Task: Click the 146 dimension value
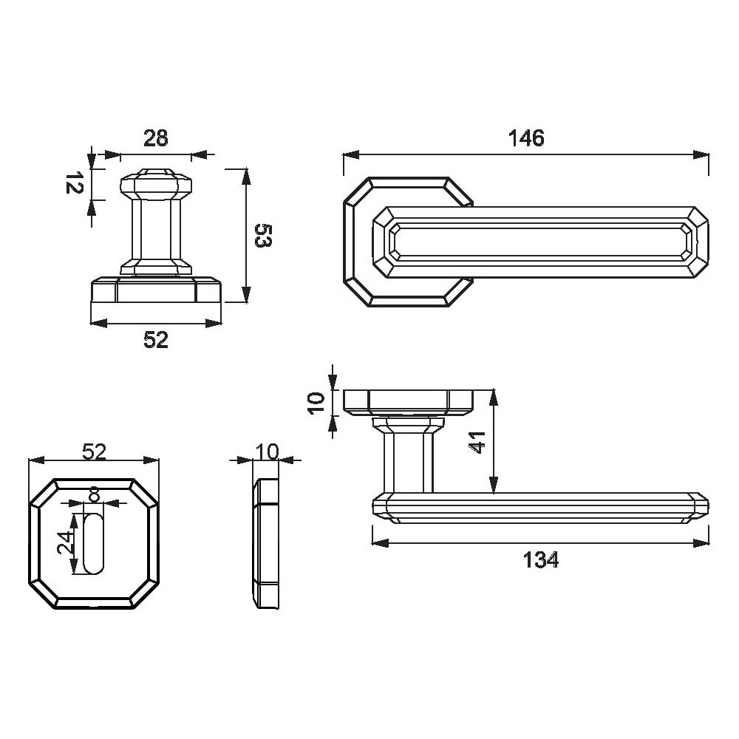click(526, 138)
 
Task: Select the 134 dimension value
click(541, 560)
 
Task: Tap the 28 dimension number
click(155, 139)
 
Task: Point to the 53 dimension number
click(264, 235)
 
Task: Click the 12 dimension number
click(74, 183)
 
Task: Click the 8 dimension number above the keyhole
click(95, 495)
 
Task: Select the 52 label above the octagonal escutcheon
click(95, 452)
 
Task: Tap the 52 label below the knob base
click(155, 340)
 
